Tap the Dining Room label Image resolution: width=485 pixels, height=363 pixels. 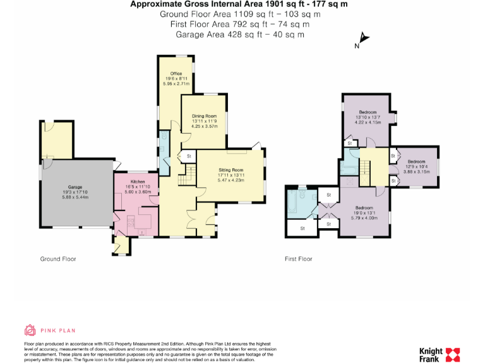tap(203, 116)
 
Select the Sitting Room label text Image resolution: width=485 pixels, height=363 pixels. tap(231, 170)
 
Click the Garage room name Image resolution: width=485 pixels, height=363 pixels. tap(76, 187)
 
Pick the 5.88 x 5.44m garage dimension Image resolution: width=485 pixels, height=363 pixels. tap(76, 197)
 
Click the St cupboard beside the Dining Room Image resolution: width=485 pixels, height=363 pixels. tap(188, 156)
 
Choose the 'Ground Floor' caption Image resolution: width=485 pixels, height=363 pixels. tap(59, 259)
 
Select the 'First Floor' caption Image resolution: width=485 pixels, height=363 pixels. tap(298, 259)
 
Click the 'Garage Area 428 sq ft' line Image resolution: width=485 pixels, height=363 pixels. tap(239, 34)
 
